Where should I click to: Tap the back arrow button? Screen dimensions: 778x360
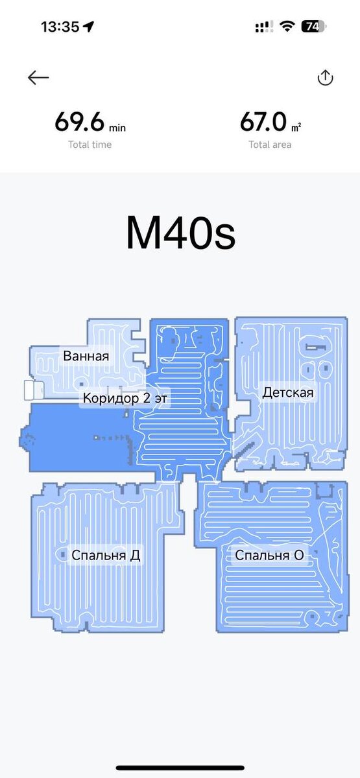coord(38,78)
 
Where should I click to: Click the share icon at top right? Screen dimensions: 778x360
coord(325,78)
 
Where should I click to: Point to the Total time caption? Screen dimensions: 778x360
coord(90,145)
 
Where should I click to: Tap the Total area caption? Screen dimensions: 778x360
coord(270,145)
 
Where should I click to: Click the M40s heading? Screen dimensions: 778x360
coord(180,233)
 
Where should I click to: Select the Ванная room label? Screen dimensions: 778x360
coord(86,356)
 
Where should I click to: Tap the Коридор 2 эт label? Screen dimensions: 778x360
coord(125,398)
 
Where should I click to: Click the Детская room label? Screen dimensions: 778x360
coord(287,392)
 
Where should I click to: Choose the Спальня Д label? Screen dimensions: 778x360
coord(106,555)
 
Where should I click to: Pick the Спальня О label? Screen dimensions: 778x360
coord(269,555)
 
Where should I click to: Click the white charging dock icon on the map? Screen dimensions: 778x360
coord(33,390)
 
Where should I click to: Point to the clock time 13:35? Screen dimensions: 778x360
coord(60,27)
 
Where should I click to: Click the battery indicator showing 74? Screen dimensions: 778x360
coord(314,27)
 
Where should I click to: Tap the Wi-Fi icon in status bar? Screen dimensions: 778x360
coord(287,27)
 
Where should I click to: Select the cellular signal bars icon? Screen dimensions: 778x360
coord(263,27)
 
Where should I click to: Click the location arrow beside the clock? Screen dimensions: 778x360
coord(89,27)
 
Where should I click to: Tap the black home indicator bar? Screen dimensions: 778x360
coord(180,768)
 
